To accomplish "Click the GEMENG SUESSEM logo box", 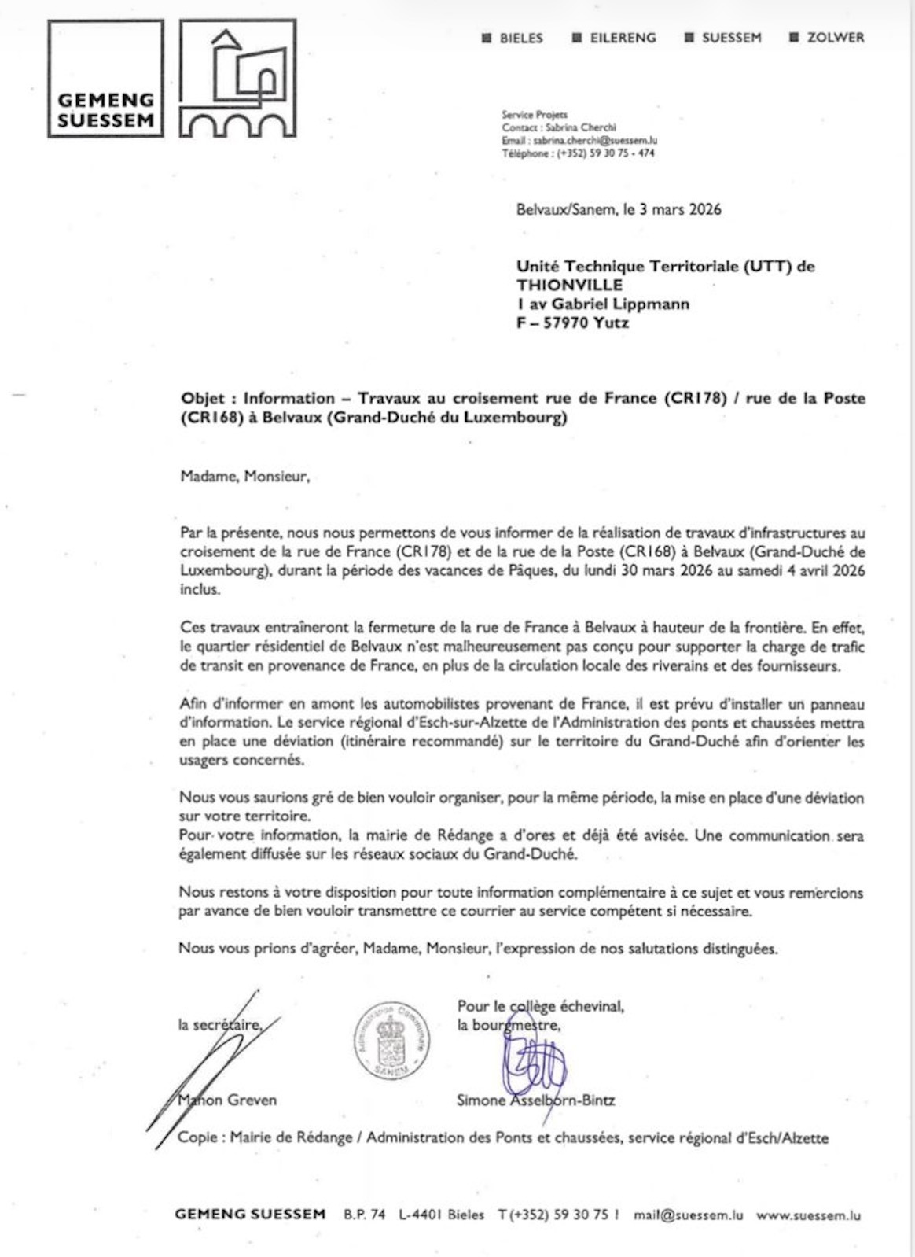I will click(x=105, y=79).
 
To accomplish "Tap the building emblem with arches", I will click(x=238, y=79).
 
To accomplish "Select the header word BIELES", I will click(x=520, y=38).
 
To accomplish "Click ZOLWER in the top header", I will click(x=835, y=38).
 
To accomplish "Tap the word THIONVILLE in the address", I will click(x=569, y=285).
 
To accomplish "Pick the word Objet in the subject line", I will click(x=202, y=398).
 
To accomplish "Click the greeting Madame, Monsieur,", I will click(x=244, y=477).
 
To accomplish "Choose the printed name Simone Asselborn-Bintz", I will click(x=535, y=1100).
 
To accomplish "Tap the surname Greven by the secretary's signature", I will click(x=252, y=1100).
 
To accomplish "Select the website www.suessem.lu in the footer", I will click(x=808, y=1215).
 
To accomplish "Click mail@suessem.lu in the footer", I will click(x=688, y=1215).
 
